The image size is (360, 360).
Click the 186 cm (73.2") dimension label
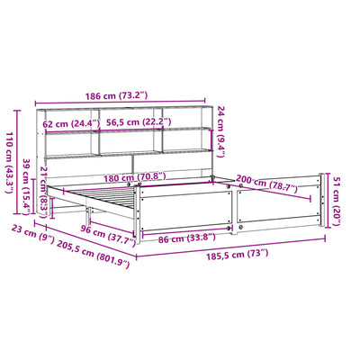[116, 96]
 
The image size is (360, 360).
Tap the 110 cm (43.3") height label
[9, 162]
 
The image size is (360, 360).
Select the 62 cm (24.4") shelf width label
[71, 123]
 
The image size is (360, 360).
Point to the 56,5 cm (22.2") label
[139, 122]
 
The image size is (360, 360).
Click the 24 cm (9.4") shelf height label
[220, 131]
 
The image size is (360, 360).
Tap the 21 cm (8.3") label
[44, 192]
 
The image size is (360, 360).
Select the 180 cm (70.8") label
[135, 177]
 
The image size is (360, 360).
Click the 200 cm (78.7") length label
[266, 184]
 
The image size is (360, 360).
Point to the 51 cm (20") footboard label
[337, 201]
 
